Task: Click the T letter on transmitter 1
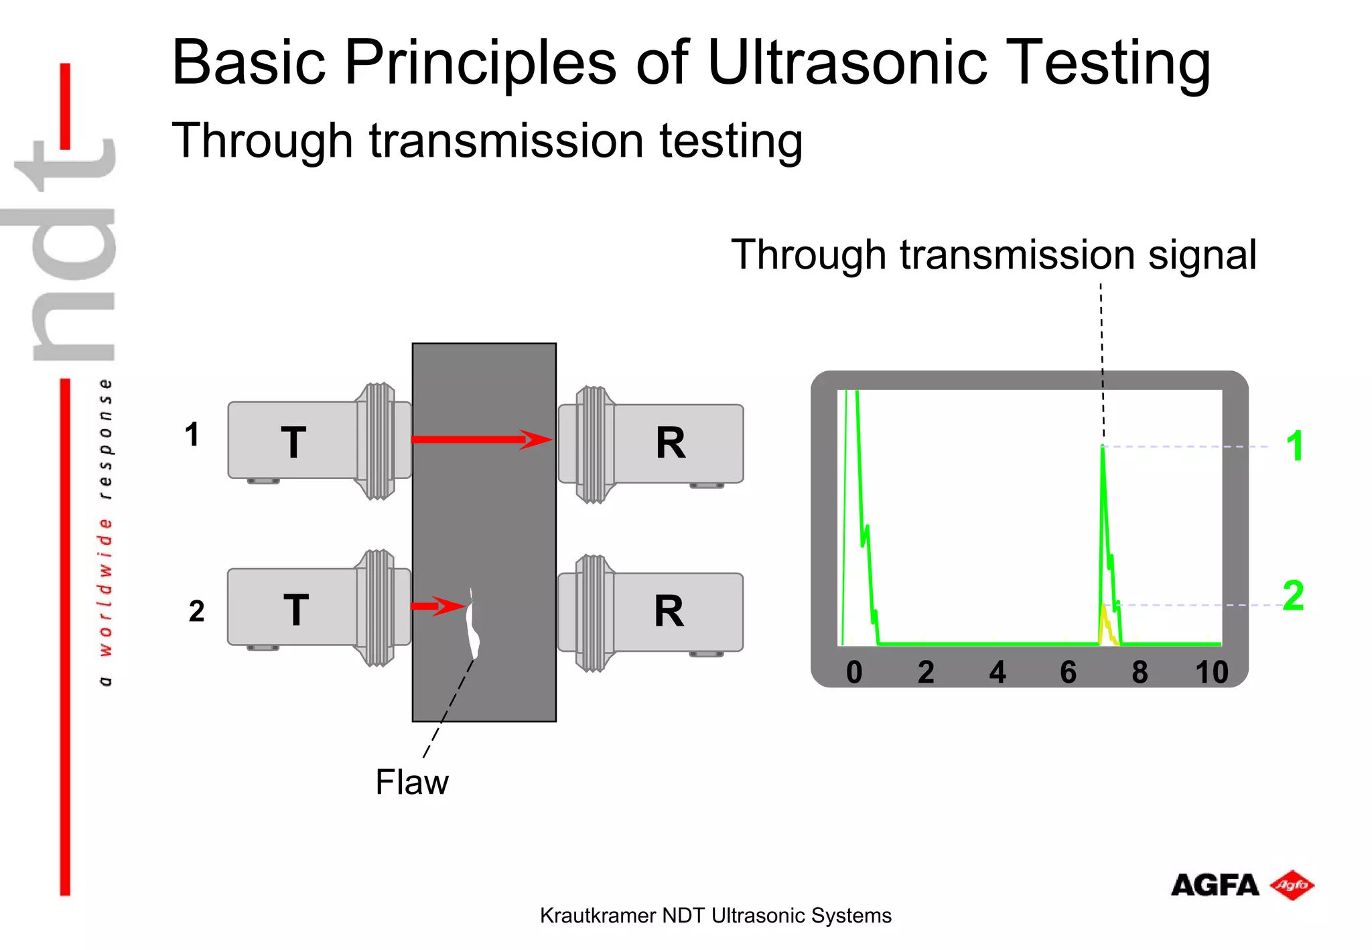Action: point(293,443)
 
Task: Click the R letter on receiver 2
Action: point(669,611)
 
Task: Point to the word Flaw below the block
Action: point(411,782)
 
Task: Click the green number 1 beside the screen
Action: point(1294,446)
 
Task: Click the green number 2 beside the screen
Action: point(1293,596)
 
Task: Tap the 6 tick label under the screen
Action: point(1068,672)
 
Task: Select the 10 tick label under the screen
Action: point(1211,672)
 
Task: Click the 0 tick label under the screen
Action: point(854,672)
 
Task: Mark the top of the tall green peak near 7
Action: point(1102,448)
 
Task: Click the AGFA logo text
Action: point(1215,885)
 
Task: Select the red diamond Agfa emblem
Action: point(1292,885)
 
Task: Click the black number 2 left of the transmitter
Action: point(196,611)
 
